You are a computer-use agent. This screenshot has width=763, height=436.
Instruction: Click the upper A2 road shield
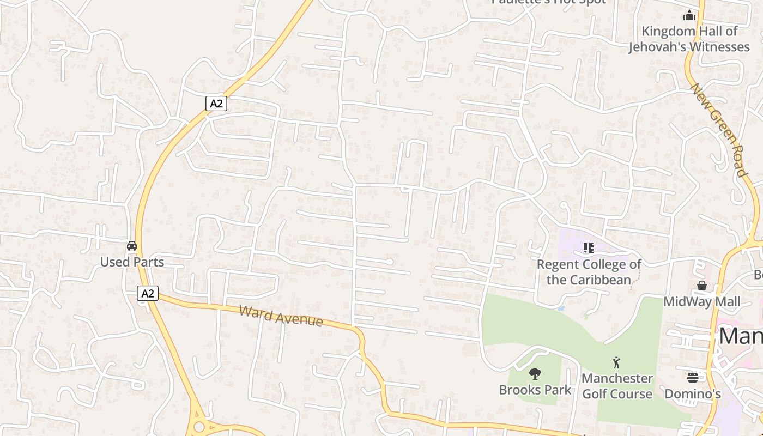tap(216, 104)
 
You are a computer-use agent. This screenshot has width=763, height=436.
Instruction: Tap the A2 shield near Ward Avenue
tap(147, 293)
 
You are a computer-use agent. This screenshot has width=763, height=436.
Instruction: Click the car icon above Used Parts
tap(132, 246)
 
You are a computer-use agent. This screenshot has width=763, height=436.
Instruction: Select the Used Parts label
tap(132, 262)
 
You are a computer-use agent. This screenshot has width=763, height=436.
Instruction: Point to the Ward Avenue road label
tap(281, 316)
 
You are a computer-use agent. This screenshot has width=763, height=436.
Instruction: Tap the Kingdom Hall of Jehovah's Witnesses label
tap(689, 39)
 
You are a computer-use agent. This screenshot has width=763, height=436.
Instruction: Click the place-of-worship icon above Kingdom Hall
tap(689, 15)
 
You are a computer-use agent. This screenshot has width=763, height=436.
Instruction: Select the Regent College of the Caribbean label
tap(589, 272)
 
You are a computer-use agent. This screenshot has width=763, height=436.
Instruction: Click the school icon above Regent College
tap(588, 249)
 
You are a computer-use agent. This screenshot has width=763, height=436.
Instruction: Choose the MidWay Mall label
tap(702, 301)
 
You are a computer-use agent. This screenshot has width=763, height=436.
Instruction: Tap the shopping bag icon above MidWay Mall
tap(702, 286)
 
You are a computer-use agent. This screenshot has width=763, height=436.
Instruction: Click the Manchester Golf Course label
tap(617, 386)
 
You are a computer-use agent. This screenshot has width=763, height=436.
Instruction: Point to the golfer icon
tap(617, 362)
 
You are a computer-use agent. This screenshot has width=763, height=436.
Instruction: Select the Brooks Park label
tap(535, 390)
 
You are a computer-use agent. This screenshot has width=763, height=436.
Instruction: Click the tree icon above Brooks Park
tap(535, 374)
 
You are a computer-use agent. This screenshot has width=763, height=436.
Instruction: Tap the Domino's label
tap(693, 393)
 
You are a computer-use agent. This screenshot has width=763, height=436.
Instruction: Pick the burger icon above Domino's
tap(693, 377)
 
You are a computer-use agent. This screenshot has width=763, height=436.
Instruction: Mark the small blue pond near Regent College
tap(561, 308)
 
